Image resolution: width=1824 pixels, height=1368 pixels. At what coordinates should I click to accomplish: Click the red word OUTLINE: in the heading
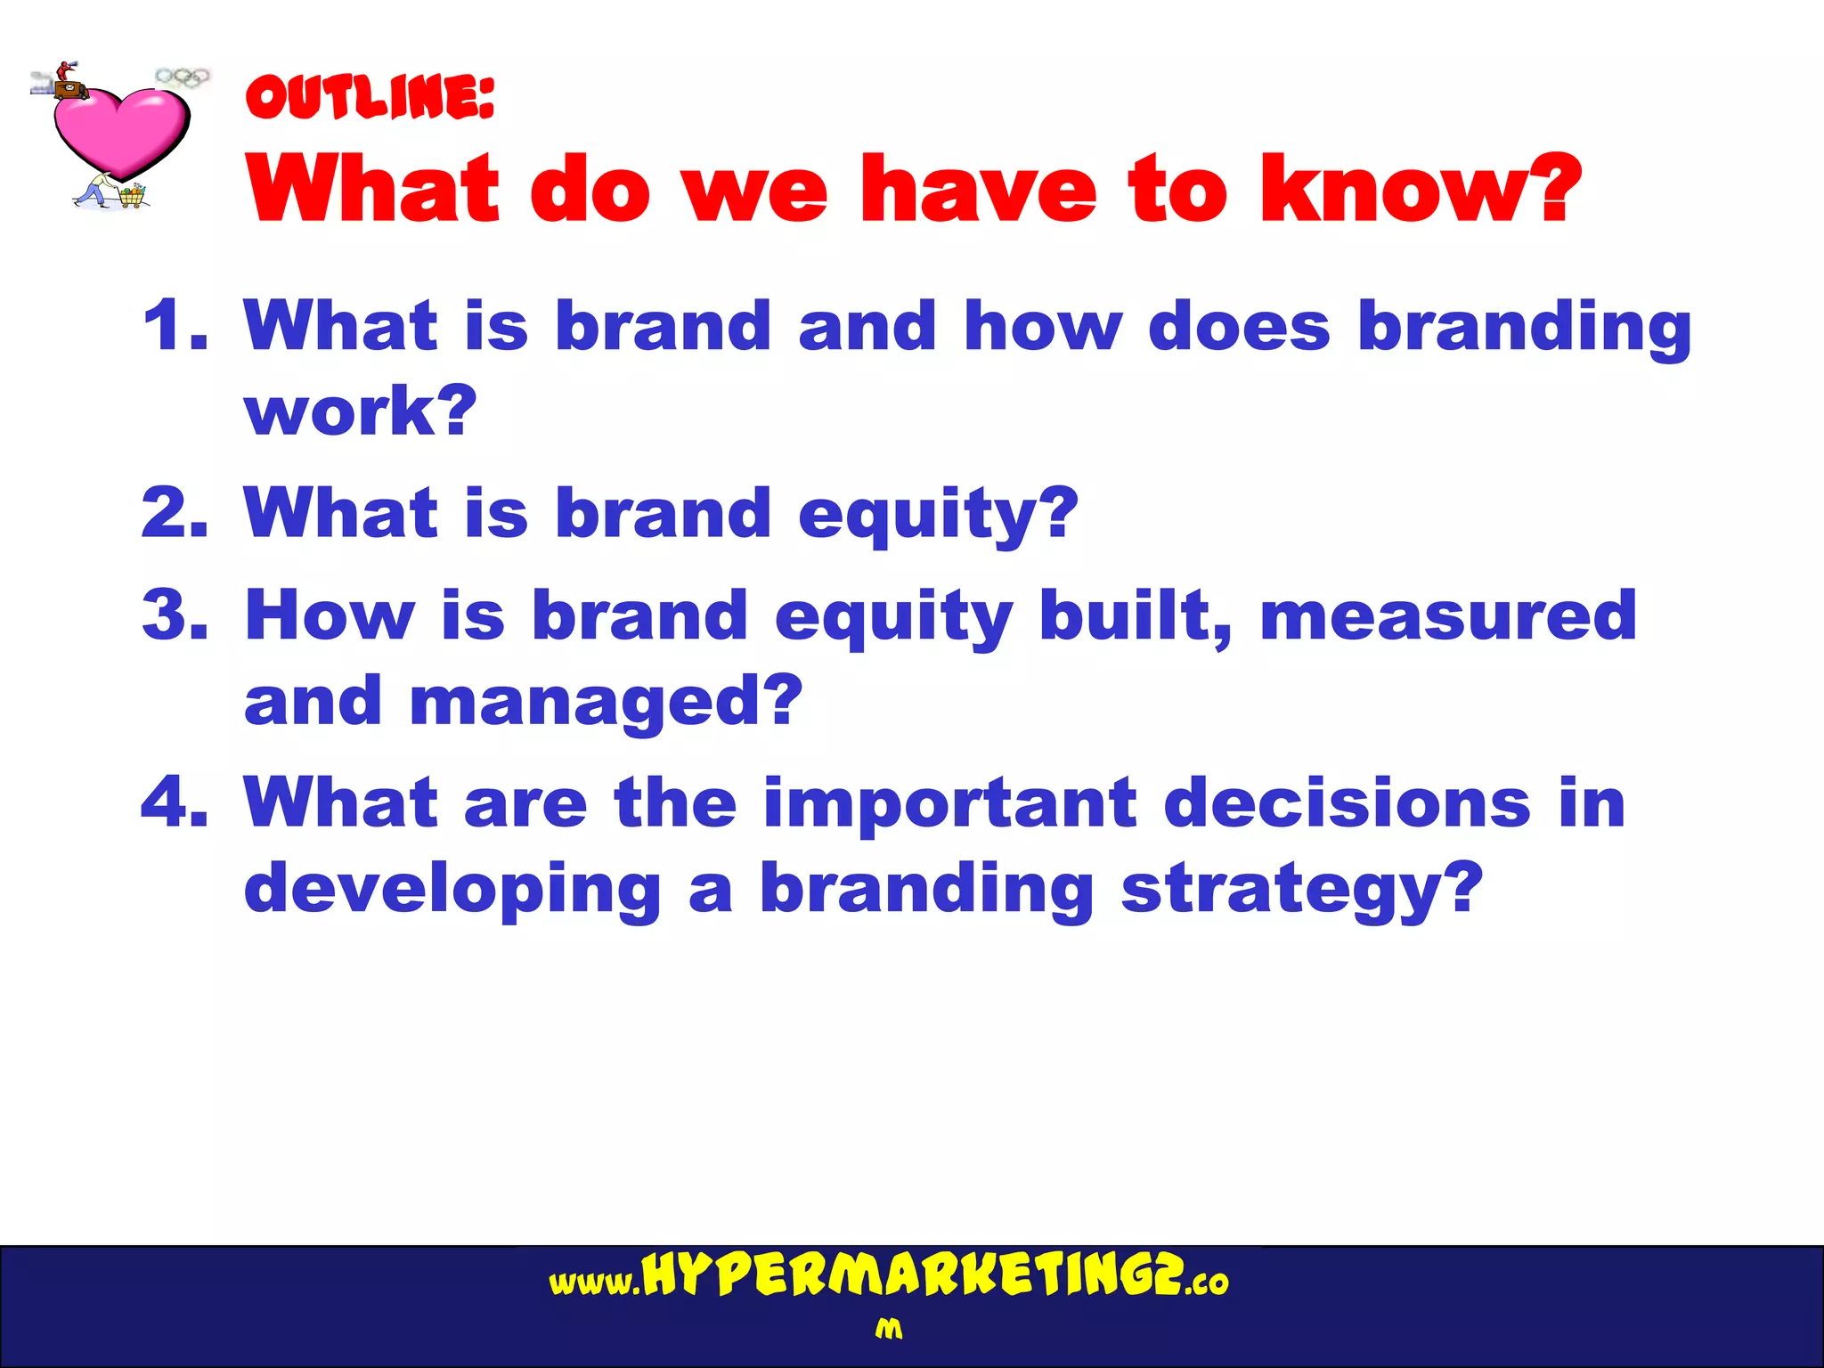pyautogui.click(x=370, y=98)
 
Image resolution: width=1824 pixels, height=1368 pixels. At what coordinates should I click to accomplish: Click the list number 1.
pyautogui.click(x=175, y=326)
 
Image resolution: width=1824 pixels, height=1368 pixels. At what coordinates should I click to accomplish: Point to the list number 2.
pyautogui.click(x=175, y=514)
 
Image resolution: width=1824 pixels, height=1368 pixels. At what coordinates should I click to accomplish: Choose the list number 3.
pyautogui.click(x=175, y=615)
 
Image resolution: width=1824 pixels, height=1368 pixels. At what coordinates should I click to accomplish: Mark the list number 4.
pyautogui.click(x=175, y=802)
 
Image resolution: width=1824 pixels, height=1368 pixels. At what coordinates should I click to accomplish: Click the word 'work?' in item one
pyautogui.click(x=361, y=411)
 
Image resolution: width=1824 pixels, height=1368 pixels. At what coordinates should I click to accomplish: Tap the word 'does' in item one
pyautogui.click(x=1239, y=326)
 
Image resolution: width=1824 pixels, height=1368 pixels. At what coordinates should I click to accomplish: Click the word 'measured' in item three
pyautogui.click(x=1448, y=615)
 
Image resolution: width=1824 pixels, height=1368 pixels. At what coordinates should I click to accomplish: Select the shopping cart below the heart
pyautogui.click(x=131, y=195)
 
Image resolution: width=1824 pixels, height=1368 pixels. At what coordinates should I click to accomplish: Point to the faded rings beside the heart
pyautogui.click(x=183, y=77)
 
